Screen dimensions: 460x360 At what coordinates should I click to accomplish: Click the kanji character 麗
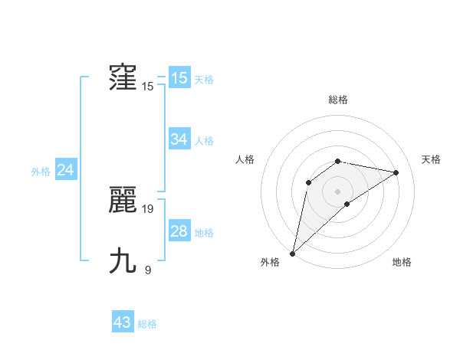[x=123, y=201]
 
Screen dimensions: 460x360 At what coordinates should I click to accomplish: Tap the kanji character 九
[x=123, y=261]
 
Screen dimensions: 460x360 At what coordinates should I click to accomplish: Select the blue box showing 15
[x=179, y=77]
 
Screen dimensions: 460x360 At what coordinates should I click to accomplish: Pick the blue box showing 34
[x=179, y=139]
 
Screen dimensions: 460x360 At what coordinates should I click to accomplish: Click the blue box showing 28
[x=179, y=231]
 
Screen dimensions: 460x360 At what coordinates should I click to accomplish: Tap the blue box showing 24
[x=66, y=170]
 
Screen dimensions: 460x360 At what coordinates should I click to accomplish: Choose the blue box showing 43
[x=123, y=322]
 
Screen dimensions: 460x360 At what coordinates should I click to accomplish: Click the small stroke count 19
[x=148, y=208]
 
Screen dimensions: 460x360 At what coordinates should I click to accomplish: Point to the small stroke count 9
[x=147, y=269]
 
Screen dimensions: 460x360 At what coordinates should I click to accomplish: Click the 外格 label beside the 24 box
[x=41, y=172]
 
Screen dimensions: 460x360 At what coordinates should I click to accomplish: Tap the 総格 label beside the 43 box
[x=147, y=324]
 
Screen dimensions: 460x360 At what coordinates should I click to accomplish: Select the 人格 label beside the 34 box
[x=204, y=141]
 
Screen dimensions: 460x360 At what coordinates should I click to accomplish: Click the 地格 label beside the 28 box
[x=204, y=233]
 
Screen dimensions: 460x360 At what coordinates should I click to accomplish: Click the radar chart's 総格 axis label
[x=338, y=100]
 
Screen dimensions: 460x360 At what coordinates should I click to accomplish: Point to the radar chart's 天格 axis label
[x=431, y=159]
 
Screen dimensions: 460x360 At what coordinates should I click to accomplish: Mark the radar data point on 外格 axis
[x=292, y=254]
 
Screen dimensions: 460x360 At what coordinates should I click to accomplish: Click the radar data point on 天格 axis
[x=396, y=172]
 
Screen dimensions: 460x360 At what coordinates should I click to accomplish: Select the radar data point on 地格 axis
[x=347, y=204]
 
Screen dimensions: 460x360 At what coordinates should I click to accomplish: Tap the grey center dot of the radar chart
[x=338, y=191]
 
